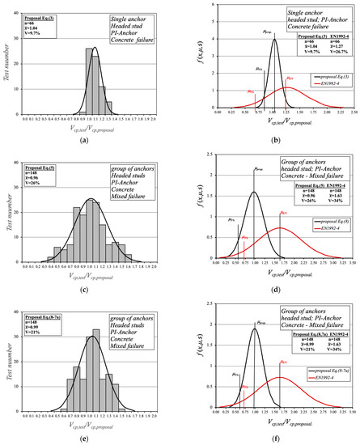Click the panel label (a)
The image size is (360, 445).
(91, 138)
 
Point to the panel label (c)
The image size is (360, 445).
(91, 287)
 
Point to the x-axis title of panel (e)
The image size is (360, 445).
(91, 420)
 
